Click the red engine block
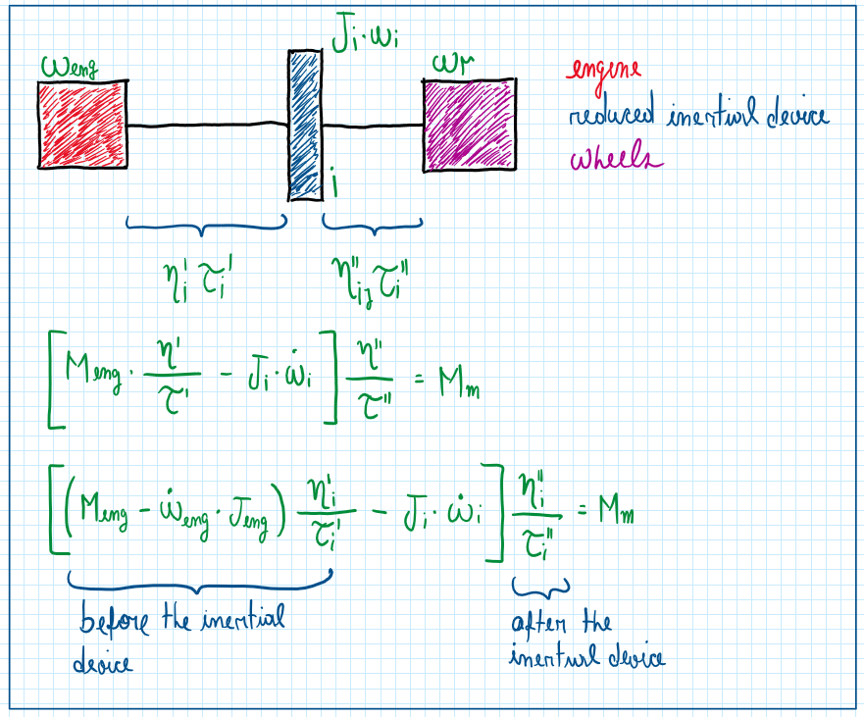point(82,125)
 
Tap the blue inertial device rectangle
point(305,124)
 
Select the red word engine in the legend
point(603,70)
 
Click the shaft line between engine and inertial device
point(207,126)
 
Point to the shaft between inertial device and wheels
point(373,126)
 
